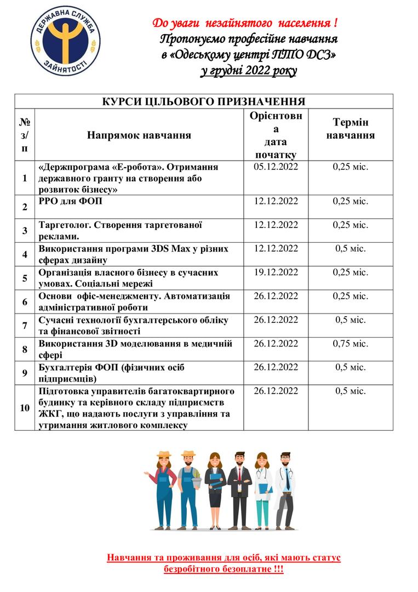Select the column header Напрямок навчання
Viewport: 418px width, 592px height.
point(139,135)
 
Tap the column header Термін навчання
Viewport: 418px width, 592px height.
point(351,129)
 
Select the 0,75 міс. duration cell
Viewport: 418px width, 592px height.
point(351,344)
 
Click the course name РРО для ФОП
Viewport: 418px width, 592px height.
point(71,201)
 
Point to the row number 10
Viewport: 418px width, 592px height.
point(25,408)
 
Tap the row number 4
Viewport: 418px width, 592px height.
point(25,254)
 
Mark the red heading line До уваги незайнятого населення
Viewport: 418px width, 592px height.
point(245,23)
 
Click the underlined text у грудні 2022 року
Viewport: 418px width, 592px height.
point(248,71)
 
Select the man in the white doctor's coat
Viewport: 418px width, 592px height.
point(285,488)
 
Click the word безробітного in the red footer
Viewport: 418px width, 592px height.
point(193,570)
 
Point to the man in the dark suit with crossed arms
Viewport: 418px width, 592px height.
point(239,488)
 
